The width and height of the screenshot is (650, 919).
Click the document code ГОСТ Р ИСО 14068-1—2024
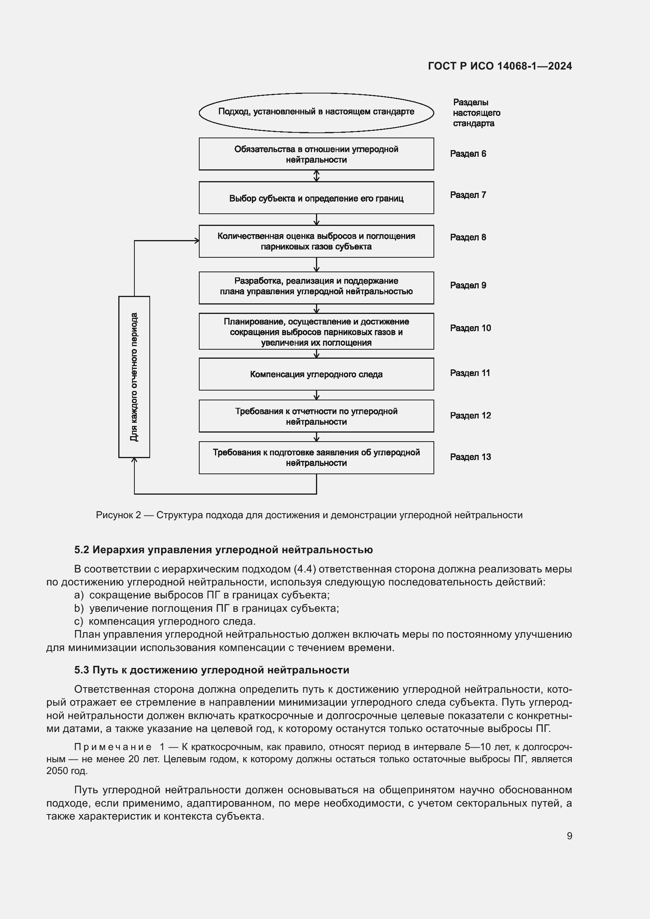tap(499, 66)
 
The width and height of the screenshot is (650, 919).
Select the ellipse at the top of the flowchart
tap(316, 112)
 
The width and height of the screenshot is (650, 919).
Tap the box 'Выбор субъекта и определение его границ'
tap(316, 198)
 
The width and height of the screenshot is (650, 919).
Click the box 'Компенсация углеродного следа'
tap(316, 374)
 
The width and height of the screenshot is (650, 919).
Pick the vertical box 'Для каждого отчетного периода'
tap(134, 377)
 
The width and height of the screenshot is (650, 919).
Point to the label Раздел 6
tap(468, 154)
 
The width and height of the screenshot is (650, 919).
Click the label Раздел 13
tap(470, 457)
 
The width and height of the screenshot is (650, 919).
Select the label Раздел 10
tap(470, 328)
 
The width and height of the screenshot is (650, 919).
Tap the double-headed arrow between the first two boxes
tap(317, 176)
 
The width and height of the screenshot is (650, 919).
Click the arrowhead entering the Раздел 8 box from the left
tap(196, 240)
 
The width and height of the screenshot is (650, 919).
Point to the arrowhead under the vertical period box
tap(134, 461)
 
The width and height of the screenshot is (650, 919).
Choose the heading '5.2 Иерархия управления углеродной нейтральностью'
tap(223, 550)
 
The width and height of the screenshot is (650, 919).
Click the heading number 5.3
tap(82, 670)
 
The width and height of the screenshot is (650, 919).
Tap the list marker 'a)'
tap(79, 595)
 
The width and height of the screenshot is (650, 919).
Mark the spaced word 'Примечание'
tap(112, 747)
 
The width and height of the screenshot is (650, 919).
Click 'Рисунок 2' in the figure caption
tap(118, 515)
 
